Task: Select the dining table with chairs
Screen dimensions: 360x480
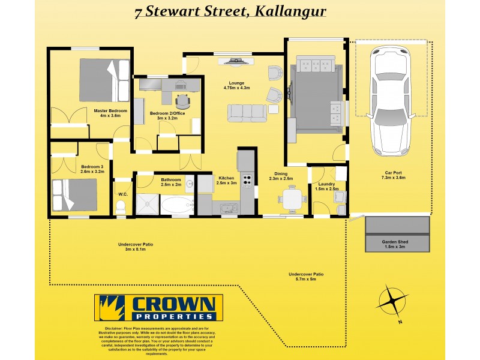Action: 292,199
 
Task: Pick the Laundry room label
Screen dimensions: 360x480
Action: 326,184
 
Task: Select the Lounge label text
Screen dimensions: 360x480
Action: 236,83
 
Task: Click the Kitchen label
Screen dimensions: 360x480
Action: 226,178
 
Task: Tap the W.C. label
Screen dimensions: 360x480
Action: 122,194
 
